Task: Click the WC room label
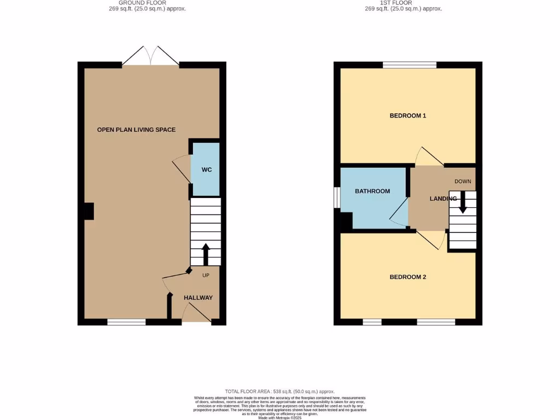(206, 170)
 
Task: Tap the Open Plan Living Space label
(136, 130)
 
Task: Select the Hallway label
(198, 297)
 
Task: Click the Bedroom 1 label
(407, 116)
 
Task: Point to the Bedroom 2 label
(407, 277)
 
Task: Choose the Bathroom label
(372, 191)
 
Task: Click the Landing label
(443, 199)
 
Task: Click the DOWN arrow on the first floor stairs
(463, 202)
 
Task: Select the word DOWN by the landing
(463, 182)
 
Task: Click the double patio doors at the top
(150, 56)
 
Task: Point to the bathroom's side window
(337, 198)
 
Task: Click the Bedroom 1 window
(410, 65)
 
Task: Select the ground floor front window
(126, 322)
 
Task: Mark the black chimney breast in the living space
(89, 212)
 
